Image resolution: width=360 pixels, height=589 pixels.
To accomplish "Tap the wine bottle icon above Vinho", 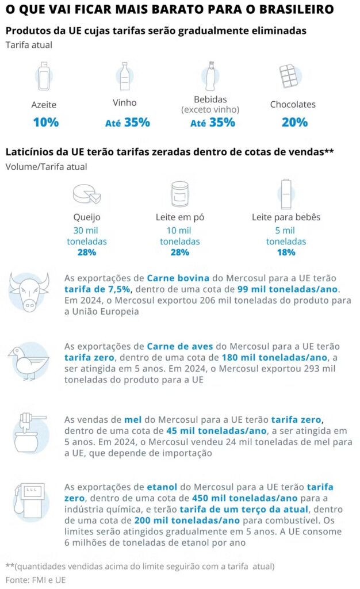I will pyautogui.click(x=124, y=76).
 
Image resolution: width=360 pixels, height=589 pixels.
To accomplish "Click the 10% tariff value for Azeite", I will pyautogui.click(x=45, y=122).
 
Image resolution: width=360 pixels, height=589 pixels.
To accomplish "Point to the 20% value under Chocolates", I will pyautogui.click(x=294, y=122).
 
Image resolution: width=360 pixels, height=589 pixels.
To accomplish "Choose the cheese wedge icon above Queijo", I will pyautogui.click(x=87, y=194).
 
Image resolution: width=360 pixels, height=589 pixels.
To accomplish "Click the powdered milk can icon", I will pyautogui.click(x=180, y=194).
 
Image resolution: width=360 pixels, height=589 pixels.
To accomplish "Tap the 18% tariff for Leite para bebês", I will pyautogui.click(x=286, y=252).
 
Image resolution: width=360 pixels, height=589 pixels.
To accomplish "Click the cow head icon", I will pyautogui.click(x=29, y=292).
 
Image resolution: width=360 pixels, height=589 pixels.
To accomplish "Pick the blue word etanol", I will pyautogui.click(x=162, y=487).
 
